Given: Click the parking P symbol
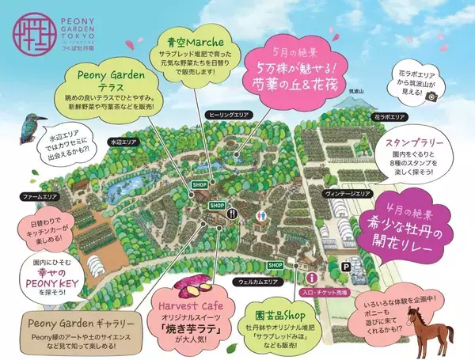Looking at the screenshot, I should [344, 268].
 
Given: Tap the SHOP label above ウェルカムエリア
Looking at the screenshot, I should [275, 265].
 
